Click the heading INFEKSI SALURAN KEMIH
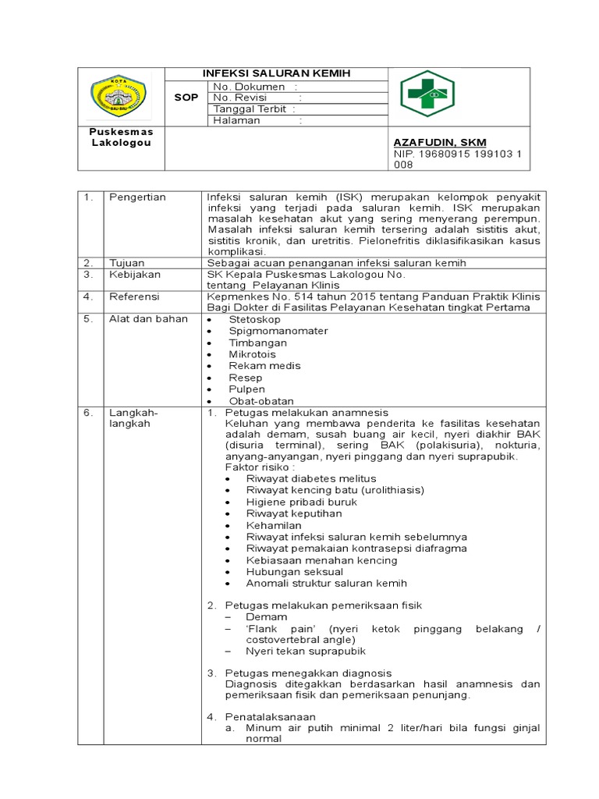point(277,73)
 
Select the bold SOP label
point(186,98)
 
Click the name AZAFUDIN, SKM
point(440,142)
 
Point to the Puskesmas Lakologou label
point(121,137)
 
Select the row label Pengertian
point(137,197)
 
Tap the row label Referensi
point(133,297)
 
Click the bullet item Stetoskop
point(256,319)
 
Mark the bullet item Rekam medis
point(264,365)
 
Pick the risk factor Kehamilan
point(274,525)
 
